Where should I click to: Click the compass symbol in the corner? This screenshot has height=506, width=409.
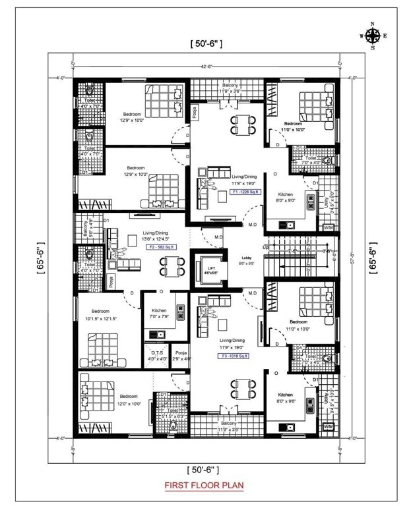[373, 36]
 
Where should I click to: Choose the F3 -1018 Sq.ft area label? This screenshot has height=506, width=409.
[237, 356]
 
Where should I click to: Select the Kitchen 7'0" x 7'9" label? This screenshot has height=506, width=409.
[159, 313]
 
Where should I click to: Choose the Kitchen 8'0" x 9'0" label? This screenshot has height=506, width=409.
[285, 197]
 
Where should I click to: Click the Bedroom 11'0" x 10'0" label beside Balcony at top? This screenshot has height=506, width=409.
[293, 126]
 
